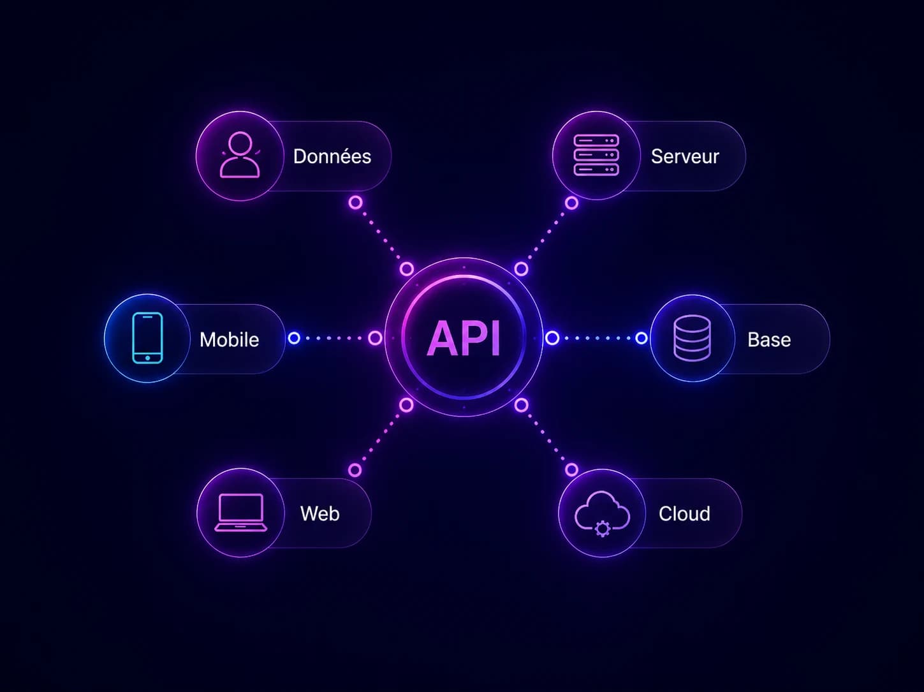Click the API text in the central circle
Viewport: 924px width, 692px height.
tap(464, 338)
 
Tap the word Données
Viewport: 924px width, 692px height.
tap(332, 156)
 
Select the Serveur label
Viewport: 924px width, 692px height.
tap(685, 157)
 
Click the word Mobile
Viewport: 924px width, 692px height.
tap(229, 339)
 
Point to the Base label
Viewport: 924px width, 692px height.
tap(769, 339)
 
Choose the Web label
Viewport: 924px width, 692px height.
tap(320, 513)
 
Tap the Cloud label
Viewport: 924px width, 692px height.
tap(684, 513)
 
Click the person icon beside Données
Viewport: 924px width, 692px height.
tap(240, 155)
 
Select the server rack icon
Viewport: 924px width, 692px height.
tap(596, 155)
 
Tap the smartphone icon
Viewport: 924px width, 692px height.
tap(147, 338)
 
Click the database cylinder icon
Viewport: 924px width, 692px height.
tap(692, 338)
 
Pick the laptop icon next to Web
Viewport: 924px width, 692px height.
tap(241, 513)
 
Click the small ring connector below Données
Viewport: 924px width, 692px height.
tap(355, 202)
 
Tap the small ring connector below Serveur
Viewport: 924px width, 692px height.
tap(571, 203)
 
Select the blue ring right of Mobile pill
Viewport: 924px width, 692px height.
tap(294, 338)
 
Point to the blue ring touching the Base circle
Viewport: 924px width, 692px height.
tap(641, 338)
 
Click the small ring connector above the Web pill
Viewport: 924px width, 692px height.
tap(355, 470)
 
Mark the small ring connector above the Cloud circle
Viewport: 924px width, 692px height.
tap(571, 469)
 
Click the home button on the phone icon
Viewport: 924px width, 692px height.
tap(147, 358)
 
